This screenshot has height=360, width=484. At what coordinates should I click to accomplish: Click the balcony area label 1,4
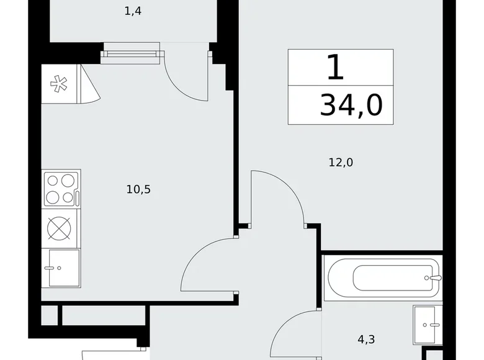click(x=133, y=11)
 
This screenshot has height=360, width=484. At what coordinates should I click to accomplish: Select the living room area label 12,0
click(x=341, y=163)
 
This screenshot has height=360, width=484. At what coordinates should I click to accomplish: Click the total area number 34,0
click(x=351, y=106)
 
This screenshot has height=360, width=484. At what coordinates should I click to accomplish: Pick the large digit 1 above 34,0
click(x=335, y=67)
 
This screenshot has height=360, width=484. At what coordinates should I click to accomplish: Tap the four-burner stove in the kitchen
click(x=61, y=189)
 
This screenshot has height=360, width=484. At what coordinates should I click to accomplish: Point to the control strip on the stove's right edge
click(x=78, y=197)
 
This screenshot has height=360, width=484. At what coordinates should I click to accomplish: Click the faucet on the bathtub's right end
click(x=436, y=277)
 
